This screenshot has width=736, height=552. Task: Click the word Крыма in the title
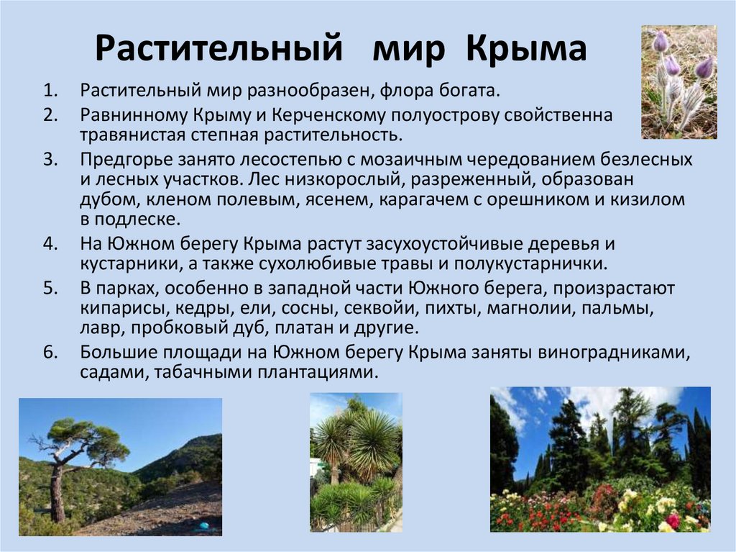(527, 49)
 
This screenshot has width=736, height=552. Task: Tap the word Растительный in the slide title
(217, 49)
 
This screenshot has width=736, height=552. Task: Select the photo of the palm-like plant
(355, 462)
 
